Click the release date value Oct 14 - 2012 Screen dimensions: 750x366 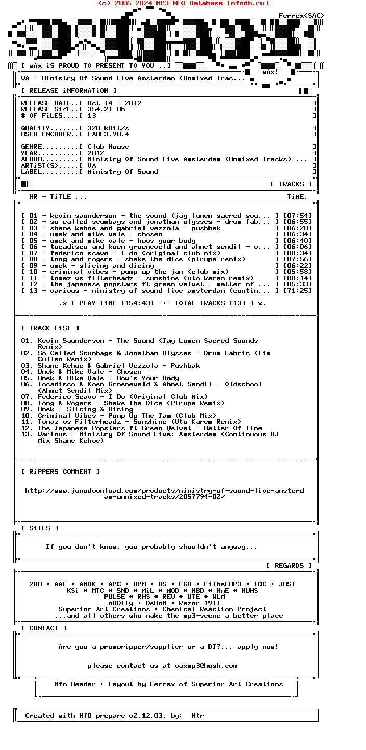[x=114, y=103]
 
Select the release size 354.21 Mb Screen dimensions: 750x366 [x=106, y=109]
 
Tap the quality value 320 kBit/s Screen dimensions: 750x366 [x=108, y=128]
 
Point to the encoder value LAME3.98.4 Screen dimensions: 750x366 [x=108, y=134]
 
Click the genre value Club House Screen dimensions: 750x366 [x=108, y=147]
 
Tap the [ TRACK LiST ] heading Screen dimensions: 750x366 [x=50, y=328]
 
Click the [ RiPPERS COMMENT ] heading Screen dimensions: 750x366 [x=60, y=472]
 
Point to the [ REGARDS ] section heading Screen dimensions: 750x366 [x=289, y=566]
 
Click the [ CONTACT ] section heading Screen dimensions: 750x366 [x=44, y=628]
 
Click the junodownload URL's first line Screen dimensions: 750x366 [x=164, y=491]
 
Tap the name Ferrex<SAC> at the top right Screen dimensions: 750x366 [x=302, y=16]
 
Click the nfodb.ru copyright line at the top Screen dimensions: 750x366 [x=183, y=3]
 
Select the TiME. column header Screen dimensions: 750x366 [x=297, y=197]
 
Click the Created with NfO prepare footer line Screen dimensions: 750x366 [x=116, y=716]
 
